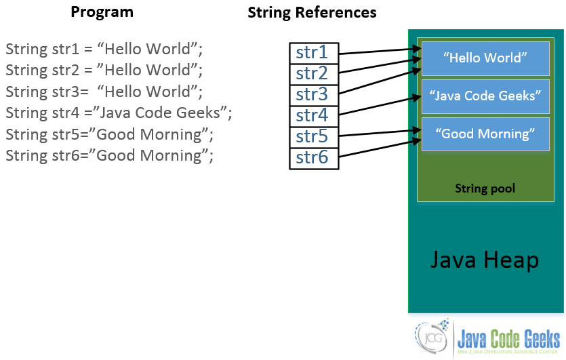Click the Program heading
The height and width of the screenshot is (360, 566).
click(x=102, y=12)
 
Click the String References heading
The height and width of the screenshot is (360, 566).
click(x=312, y=12)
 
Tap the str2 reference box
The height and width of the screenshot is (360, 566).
click(x=313, y=74)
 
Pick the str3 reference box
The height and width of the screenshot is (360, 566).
click(x=313, y=95)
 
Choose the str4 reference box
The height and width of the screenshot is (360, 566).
click(x=313, y=116)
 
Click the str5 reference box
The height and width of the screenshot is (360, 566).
click(x=313, y=137)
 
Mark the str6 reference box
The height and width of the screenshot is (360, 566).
click(x=313, y=158)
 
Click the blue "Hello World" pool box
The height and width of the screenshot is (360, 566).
click(x=485, y=58)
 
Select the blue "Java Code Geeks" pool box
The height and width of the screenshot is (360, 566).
click(x=485, y=96)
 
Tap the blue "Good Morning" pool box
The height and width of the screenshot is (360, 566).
click(x=485, y=134)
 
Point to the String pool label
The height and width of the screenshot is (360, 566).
click(x=485, y=188)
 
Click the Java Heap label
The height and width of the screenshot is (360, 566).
click(x=485, y=260)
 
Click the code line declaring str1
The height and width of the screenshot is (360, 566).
click(x=104, y=49)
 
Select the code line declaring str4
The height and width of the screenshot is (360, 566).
click(x=119, y=113)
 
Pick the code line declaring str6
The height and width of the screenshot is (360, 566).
click(x=110, y=156)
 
